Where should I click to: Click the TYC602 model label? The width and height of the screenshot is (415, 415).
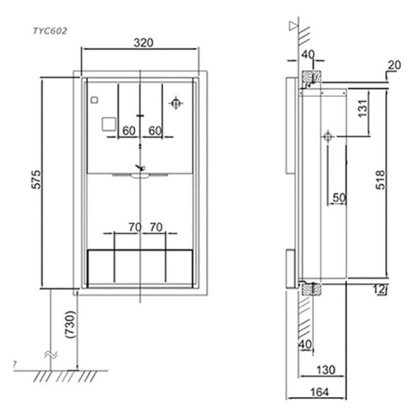(x=50, y=31)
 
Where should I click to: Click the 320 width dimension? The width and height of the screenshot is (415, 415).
(x=144, y=43)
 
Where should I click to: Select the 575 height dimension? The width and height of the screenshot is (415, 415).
(x=36, y=179)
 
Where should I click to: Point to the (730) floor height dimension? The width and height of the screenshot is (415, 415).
(x=71, y=324)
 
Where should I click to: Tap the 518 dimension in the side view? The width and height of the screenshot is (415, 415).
(x=380, y=180)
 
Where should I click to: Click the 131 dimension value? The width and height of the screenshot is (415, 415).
(x=363, y=108)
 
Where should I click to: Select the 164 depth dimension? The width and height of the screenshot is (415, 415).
(x=320, y=392)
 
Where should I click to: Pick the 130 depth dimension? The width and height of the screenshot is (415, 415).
(x=326, y=370)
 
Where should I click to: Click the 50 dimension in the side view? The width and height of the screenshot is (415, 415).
(x=339, y=197)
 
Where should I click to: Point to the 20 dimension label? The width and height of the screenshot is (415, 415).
(x=394, y=65)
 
